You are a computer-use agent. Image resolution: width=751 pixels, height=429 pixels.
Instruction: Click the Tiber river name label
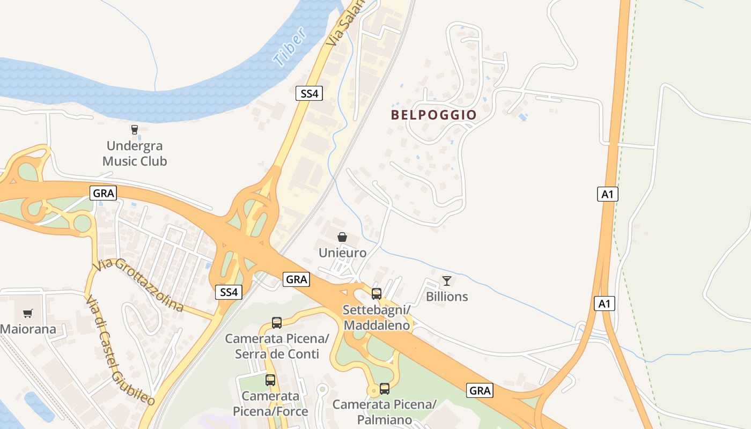290,47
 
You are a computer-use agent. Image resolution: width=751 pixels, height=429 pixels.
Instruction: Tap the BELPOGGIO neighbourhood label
433,115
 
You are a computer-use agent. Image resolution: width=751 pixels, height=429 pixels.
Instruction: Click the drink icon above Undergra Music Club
134,129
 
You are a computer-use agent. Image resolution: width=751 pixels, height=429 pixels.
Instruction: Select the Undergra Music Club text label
135,153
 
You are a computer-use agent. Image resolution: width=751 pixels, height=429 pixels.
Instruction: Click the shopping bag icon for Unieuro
342,237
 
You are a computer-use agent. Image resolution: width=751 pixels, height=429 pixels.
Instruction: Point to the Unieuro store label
343,253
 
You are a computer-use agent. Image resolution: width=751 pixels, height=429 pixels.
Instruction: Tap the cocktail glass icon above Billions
446,280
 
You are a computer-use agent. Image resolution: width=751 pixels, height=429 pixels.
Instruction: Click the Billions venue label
447,297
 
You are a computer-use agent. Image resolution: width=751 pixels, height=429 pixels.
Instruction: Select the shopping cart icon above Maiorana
27,313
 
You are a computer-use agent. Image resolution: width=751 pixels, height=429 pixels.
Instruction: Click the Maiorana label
28,329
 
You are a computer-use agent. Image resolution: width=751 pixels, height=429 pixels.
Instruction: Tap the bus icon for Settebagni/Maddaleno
377,293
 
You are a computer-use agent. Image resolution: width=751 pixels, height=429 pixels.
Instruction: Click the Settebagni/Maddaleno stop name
377,317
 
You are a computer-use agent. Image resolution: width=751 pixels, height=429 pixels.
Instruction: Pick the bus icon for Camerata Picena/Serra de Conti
277,323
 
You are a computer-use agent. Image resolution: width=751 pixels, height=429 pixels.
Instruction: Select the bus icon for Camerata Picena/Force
270,380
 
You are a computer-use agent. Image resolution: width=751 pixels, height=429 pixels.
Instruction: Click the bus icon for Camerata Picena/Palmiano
385,389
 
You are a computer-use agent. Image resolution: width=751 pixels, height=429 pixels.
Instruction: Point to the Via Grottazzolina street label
138,285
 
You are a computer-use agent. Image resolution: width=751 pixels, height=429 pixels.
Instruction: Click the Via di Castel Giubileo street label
120,351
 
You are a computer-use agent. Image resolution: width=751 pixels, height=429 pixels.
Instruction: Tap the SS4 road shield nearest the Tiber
310,93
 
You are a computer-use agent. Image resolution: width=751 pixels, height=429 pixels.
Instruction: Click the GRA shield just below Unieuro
297,279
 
